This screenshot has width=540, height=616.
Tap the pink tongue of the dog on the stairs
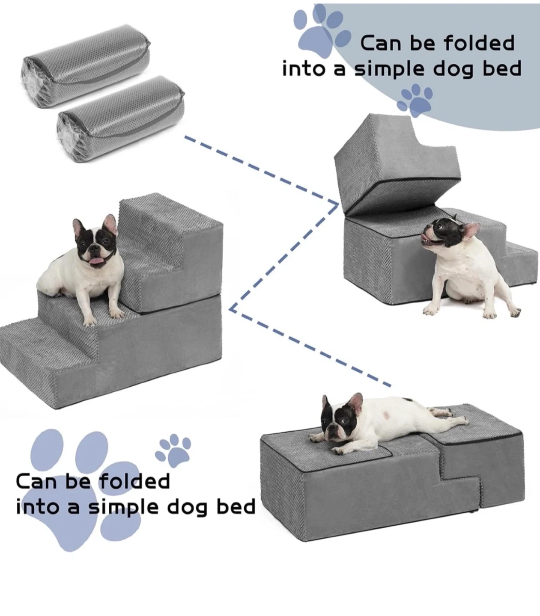pyautogui.click(x=96, y=262)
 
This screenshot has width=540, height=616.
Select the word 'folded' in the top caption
pyautogui.click(x=479, y=43)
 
